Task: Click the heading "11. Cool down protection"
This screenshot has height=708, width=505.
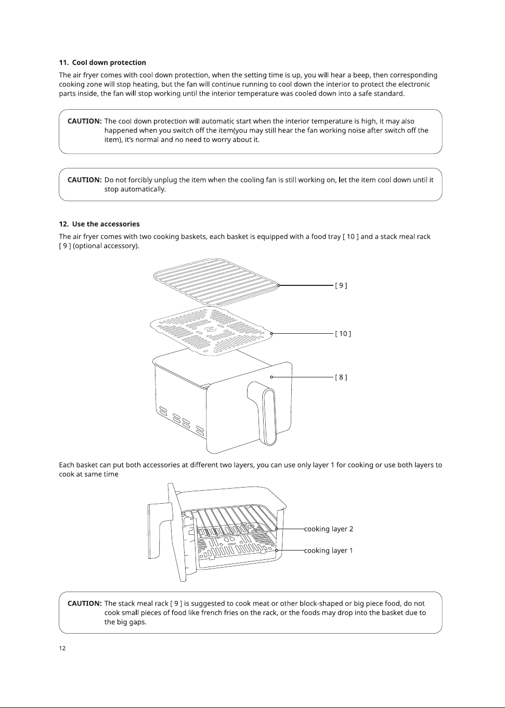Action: [102, 62]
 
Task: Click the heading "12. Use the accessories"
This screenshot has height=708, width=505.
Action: [99, 224]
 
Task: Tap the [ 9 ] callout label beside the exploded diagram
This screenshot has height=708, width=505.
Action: [341, 285]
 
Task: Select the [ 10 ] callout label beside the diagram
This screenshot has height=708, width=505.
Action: [343, 333]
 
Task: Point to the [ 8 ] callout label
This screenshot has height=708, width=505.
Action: [341, 377]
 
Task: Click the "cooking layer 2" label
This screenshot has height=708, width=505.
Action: [329, 529]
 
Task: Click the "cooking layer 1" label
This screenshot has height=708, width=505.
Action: [328, 550]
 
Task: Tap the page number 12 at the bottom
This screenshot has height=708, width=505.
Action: [62, 648]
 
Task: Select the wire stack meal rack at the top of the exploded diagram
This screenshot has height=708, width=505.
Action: [216, 282]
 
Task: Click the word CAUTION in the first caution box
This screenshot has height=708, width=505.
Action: [84, 121]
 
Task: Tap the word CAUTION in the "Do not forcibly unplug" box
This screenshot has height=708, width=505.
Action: [84, 180]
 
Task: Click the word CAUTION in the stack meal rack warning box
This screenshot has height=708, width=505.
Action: [84, 604]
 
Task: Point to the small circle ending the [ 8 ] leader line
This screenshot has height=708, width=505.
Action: [271, 377]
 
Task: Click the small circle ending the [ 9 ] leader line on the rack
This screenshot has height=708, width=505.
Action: [279, 285]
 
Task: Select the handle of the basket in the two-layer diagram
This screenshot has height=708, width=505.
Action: [160, 532]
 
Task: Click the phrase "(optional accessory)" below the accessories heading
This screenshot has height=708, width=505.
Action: [106, 246]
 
